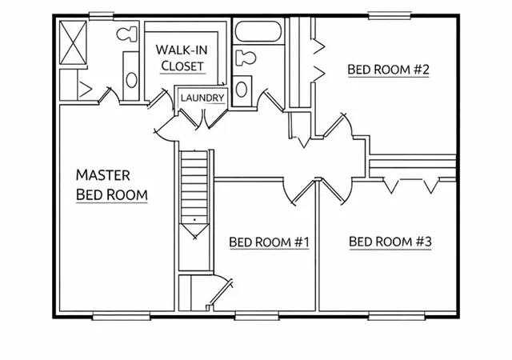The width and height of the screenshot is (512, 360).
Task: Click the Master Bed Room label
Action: (x=112, y=185)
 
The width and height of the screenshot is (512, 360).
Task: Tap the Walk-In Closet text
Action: (x=182, y=58)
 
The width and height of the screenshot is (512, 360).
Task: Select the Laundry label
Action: (x=202, y=98)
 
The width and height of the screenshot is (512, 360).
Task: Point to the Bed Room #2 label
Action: (x=388, y=70)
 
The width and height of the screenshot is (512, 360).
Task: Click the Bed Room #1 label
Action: (x=269, y=242)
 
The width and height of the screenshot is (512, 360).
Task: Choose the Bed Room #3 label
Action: (x=390, y=242)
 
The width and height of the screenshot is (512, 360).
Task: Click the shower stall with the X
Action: (x=73, y=42)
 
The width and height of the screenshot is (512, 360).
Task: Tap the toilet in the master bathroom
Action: (x=126, y=34)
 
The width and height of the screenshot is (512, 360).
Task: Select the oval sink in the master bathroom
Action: (x=131, y=79)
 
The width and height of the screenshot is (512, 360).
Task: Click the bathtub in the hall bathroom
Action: (x=258, y=31)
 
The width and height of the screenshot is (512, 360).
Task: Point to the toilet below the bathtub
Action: (x=246, y=58)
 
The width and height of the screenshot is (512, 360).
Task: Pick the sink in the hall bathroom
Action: (x=242, y=89)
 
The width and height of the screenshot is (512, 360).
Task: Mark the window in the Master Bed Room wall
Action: (x=121, y=315)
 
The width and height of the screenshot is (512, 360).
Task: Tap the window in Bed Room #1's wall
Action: (x=257, y=315)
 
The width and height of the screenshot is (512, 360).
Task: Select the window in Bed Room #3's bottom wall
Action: (x=397, y=315)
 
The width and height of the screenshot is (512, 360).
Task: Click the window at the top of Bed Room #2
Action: (x=390, y=15)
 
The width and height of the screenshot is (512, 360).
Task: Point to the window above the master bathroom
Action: (x=102, y=15)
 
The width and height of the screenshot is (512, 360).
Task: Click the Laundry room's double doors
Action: (x=203, y=118)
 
